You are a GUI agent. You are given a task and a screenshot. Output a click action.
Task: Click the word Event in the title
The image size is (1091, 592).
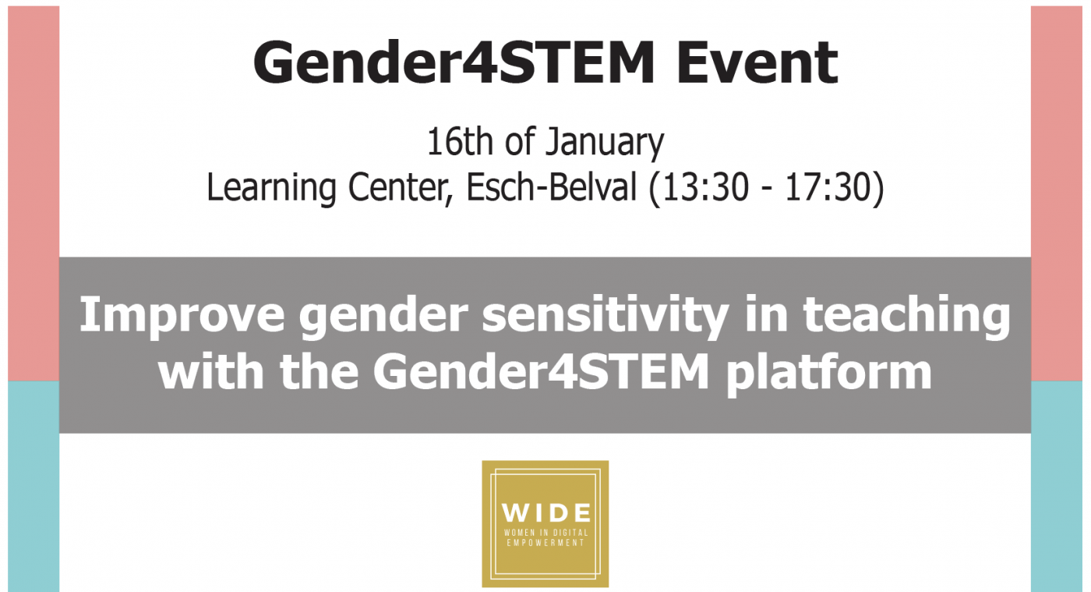[757, 62]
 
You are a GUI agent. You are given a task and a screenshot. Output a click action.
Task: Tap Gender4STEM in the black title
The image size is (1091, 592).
[454, 62]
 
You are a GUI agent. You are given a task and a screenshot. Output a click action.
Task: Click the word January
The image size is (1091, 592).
[605, 144]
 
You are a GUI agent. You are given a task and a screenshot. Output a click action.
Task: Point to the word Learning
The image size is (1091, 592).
[271, 188]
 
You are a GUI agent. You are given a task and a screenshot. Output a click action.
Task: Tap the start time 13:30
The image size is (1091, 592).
[705, 188]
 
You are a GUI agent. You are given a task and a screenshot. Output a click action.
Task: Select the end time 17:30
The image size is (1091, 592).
[827, 188]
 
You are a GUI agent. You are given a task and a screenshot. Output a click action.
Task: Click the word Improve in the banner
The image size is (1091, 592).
[182, 317]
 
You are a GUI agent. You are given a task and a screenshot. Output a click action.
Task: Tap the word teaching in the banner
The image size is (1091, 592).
[906, 317]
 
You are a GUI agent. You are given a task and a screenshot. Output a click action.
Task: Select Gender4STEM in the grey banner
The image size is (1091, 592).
[541, 371]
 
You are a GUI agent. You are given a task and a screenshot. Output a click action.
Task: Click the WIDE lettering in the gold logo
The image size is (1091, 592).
[546, 513]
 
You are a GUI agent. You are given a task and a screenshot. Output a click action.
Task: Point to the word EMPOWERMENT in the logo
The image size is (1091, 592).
[545, 543]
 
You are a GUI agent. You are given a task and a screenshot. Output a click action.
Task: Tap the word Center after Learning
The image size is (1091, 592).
[400, 188]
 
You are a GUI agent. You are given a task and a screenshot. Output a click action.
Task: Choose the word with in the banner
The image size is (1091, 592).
[211, 371]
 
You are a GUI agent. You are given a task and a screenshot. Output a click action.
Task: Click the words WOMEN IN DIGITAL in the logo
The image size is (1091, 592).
[546, 533]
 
